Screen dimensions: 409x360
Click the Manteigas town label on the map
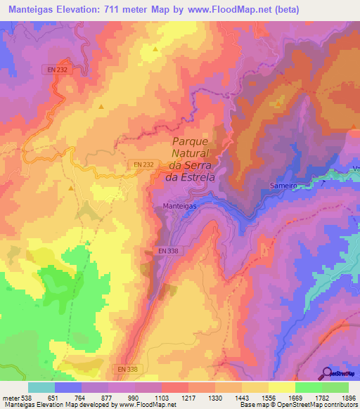pos(171,206)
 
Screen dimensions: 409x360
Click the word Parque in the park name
pos(191,141)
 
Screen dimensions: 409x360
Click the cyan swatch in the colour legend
pos(41,387)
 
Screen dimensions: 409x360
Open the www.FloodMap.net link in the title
pos(227,9)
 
